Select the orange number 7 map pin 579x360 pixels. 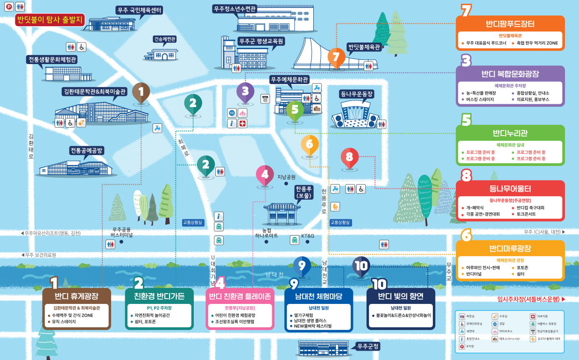[x=336, y=58]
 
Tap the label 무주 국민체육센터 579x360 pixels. [x=139, y=10]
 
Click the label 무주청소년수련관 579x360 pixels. [x=235, y=9]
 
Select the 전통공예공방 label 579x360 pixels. [x=86, y=151]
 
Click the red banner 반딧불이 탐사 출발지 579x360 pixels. [x=49, y=20]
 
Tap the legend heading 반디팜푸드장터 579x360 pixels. [x=510, y=24]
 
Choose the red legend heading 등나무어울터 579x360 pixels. [x=510, y=189]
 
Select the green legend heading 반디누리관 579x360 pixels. [x=510, y=134]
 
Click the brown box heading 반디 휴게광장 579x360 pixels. [x=77, y=296]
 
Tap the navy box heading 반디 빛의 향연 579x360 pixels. [x=401, y=296]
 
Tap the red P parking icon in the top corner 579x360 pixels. [x=8, y=7]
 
